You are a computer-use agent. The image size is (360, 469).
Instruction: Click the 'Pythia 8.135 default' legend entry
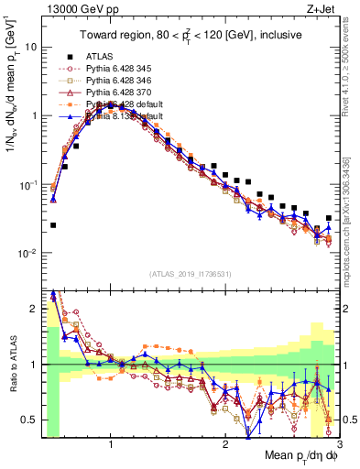click(x=124, y=116)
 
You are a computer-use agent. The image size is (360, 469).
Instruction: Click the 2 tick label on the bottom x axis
click(x=224, y=445)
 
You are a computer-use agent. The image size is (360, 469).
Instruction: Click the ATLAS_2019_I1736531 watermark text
click(x=190, y=274)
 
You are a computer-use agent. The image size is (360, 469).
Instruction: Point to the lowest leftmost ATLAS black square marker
click(x=53, y=224)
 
